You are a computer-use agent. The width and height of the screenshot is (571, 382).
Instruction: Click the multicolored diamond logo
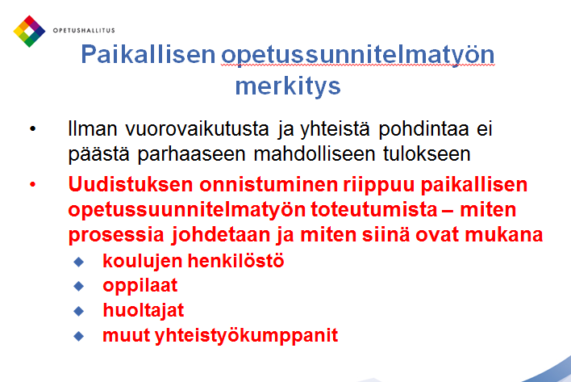tap(29, 31)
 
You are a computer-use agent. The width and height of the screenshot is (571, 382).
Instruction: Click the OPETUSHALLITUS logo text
tap(84, 31)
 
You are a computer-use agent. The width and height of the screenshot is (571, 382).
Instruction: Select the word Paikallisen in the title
tap(148, 55)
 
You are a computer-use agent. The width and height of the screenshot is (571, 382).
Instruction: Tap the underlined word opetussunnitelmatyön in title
tap(357, 56)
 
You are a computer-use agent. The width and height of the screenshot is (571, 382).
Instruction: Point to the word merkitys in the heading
tap(288, 86)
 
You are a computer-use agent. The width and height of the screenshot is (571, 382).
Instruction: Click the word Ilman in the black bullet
tap(93, 128)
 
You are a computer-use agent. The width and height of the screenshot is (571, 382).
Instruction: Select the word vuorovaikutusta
tap(197, 128)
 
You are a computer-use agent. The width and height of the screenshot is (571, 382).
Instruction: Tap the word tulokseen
tap(427, 153)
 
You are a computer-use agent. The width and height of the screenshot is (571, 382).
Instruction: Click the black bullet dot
tap(33, 128)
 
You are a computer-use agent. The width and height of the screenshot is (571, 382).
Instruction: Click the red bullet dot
tap(33, 184)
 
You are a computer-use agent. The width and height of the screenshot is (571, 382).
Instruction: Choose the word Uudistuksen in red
tap(131, 184)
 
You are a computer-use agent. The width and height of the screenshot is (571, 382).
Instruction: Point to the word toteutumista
tap(374, 210)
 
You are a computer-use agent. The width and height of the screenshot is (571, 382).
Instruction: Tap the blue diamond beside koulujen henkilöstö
tap(79, 262)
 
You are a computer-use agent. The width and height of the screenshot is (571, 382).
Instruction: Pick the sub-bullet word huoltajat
tap(143, 311)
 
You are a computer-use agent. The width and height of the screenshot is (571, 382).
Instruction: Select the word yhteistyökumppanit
tap(246, 336)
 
